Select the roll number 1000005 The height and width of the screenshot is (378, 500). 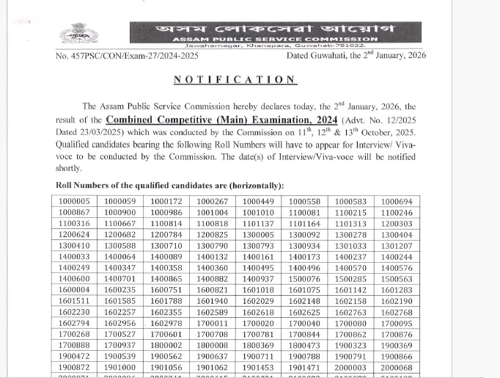(75, 201)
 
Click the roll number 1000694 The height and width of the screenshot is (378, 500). (397, 201)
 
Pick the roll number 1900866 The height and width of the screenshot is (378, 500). (397, 356)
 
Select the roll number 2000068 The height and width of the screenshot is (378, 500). (397, 367)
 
